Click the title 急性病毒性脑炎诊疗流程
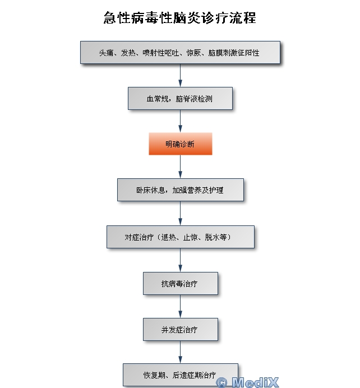coord(180,18)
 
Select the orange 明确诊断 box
coord(181,144)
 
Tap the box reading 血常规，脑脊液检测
coord(180,98)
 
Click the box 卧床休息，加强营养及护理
coord(181,190)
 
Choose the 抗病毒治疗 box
coord(181,283)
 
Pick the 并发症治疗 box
coord(181,329)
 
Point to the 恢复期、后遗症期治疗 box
coord(181,375)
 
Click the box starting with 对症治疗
coord(181,237)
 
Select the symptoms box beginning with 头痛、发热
coord(180,53)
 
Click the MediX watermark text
coord(255,382)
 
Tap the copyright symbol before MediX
coord(221,382)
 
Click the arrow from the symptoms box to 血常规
coord(180,76)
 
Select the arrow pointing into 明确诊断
coord(180,121)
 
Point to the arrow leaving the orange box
coord(180,167)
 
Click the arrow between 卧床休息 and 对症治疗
coord(180,213)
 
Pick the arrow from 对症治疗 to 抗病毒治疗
coord(180,260)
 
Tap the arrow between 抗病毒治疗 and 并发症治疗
coord(180,306)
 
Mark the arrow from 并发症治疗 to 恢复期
coord(180,352)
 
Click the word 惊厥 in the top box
coord(193,53)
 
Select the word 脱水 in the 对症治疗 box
coord(212,237)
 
